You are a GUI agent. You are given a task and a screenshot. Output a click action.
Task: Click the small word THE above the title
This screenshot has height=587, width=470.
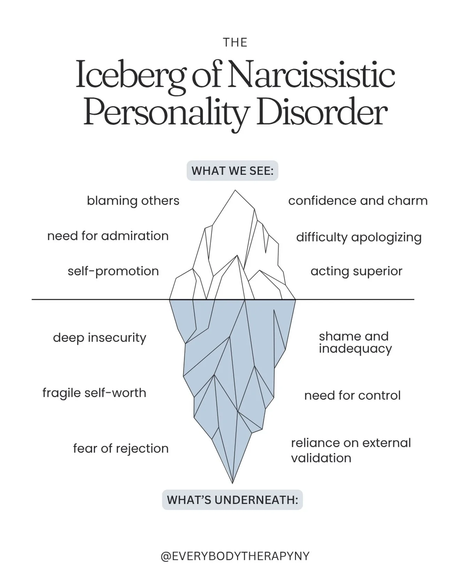[x=235, y=42]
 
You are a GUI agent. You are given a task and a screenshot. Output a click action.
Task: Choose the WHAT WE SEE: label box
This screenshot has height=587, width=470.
[x=232, y=171]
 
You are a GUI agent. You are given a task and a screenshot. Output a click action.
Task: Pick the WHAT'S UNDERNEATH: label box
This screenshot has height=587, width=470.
[x=232, y=500]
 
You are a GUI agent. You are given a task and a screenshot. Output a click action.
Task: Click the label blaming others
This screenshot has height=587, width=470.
[x=133, y=201]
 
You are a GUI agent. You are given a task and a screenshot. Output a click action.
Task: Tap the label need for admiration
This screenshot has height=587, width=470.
[x=108, y=236]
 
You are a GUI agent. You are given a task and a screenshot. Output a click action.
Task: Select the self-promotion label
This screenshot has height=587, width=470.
[x=113, y=271]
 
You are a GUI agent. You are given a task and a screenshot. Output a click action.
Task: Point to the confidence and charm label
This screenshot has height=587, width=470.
[x=358, y=201]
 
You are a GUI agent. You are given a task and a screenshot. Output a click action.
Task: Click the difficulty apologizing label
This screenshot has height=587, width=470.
[x=359, y=237]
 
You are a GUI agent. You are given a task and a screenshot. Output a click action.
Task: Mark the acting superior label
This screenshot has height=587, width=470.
[x=356, y=271]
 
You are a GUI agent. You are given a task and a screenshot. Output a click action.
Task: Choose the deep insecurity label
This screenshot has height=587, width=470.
[x=100, y=338]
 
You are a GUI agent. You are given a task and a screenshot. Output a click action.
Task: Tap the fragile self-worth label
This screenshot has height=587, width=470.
[x=94, y=393]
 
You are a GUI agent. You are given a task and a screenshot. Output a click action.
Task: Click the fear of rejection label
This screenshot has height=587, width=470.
[x=121, y=449]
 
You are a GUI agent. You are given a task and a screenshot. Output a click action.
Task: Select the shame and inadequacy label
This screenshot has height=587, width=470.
[x=355, y=342]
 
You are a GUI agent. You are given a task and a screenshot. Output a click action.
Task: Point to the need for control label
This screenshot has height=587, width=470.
[x=352, y=395]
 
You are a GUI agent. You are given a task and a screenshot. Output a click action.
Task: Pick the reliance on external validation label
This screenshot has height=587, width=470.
[x=351, y=450]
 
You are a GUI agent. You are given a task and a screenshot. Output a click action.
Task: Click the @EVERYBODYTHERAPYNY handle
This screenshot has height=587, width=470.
[x=235, y=556]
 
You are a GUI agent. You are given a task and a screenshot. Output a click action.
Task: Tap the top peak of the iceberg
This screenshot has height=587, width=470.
[x=235, y=191]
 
